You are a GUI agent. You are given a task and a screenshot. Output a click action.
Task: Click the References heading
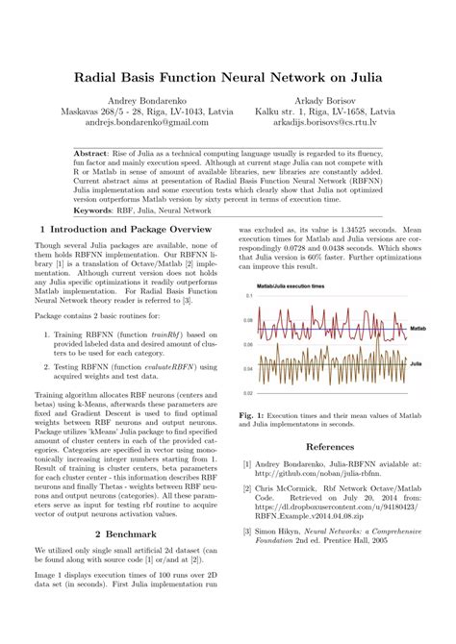pos(330,446)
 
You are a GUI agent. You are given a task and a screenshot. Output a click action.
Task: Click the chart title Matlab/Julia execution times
pos(291,286)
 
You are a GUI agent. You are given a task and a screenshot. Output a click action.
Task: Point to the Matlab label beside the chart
pos(418,328)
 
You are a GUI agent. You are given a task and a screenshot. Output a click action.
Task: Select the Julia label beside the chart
pos(417,365)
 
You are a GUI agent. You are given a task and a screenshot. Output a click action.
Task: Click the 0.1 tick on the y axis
pos(247,295)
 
